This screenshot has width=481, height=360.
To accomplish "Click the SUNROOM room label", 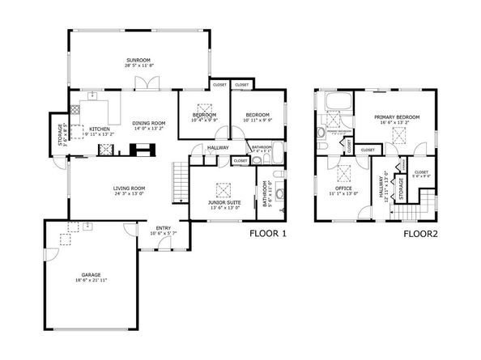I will (x=138, y=60).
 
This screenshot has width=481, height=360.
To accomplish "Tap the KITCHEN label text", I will (x=100, y=129).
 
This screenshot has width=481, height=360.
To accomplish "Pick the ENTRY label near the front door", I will (x=163, y=228).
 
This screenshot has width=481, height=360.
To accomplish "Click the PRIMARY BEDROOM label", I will (x=397, y=117).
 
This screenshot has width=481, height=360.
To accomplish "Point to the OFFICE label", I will (x=343, y=188).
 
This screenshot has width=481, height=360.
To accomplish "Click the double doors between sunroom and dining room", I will (x=144, y=83).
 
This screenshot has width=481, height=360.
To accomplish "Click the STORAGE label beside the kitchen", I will (x=60, y=136).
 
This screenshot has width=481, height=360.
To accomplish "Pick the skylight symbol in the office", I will (x=343, y=172).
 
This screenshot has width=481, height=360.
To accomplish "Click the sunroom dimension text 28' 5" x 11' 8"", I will (x=138, y=66).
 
